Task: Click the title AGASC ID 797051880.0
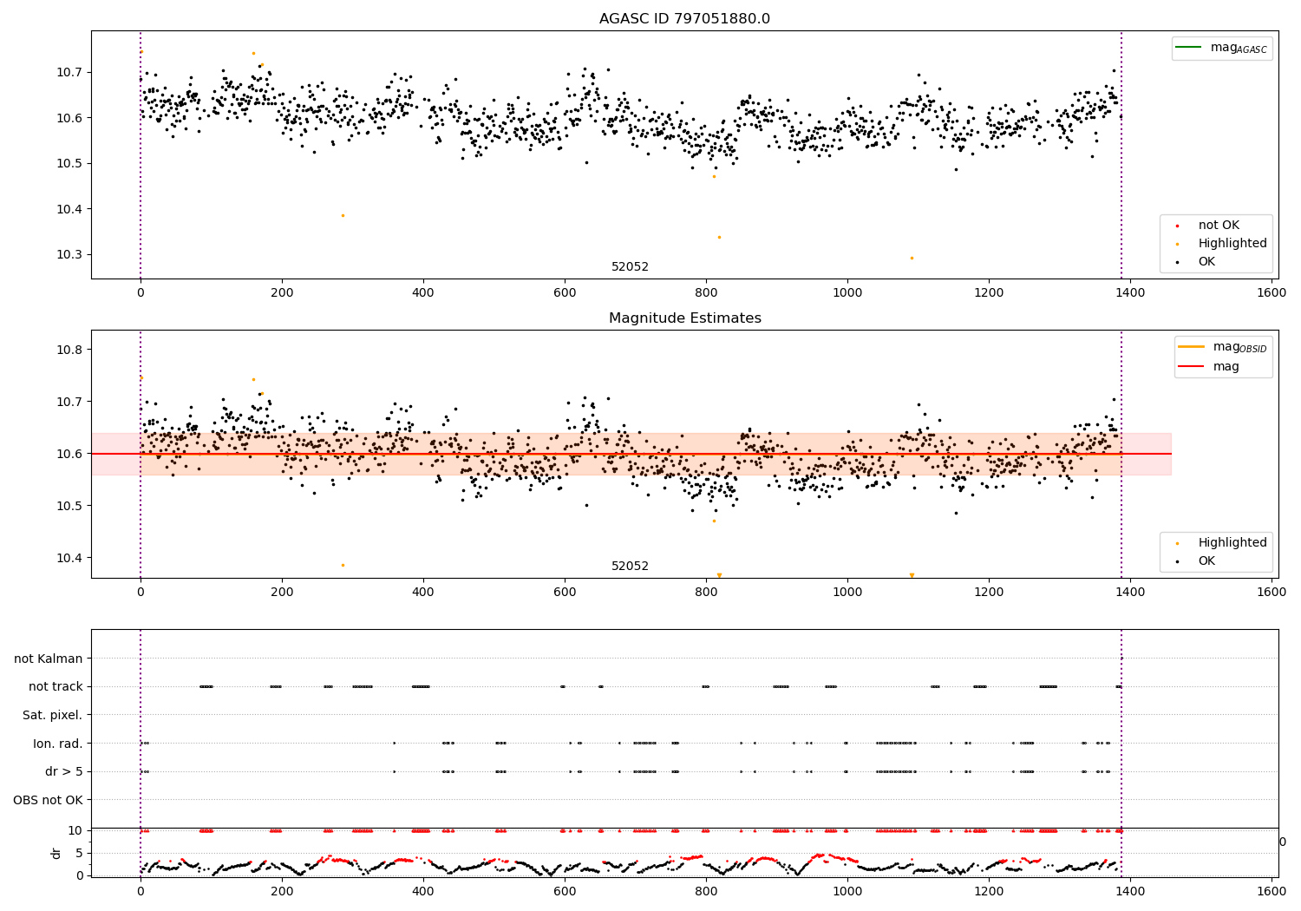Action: coord(684,19)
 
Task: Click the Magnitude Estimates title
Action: coord(684,318)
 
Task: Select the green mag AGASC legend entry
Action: coord(1223,48)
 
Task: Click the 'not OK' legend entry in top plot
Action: coord(1219,226)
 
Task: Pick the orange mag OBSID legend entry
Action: coord(1224,347)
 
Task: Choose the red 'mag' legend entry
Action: coord(1224,366)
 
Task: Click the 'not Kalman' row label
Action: coord(49,659)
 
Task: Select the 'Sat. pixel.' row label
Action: coord(52,715)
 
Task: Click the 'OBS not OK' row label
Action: coord(48,800)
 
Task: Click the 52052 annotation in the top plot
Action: coord(630,267)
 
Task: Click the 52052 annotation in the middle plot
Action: coord(630,567)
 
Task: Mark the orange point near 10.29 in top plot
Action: coord(912,258)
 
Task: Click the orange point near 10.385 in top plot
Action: coord(343,215)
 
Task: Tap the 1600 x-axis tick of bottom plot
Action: coord(1272,891)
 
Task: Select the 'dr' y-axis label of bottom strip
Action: coord(57,853)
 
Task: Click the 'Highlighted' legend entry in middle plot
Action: coord(1232,543)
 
